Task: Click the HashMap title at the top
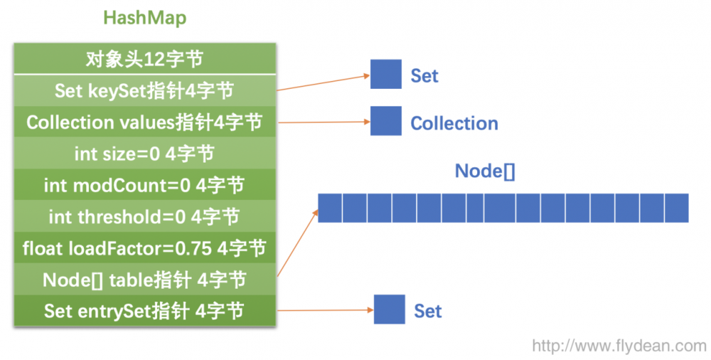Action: pos(144,18)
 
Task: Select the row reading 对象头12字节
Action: pos(144,59)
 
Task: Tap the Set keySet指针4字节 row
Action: pos(144,90)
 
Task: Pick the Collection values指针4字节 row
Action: pos(144,122)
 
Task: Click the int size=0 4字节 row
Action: pos(144,153)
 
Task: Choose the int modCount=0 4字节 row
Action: pos(144,185)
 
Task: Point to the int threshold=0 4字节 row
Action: pos(144,216)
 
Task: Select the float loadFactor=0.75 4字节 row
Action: pos(144,248)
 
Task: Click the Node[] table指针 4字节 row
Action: pos(144,279)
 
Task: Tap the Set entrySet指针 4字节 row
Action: pos(144,311)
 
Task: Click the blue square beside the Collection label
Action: pos(385,122)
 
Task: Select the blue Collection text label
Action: pos(454,123)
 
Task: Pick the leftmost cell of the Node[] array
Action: pos(330,208)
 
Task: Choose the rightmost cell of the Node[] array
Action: pos(676,208)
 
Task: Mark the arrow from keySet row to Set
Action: pos(324,82)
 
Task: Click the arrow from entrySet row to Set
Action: pos(324,310)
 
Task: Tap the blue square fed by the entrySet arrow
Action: pos(389,309)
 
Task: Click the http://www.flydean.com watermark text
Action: pos(619,346)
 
